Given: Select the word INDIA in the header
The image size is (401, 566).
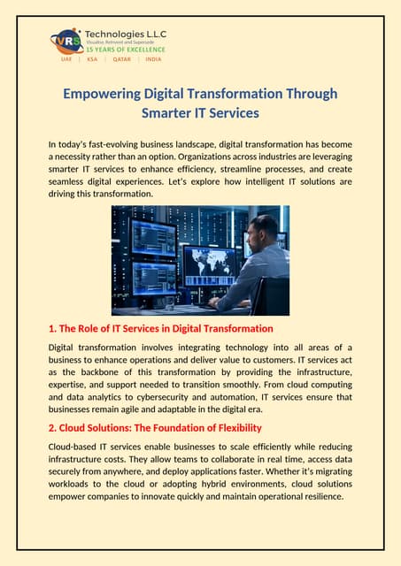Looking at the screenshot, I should point(153,59).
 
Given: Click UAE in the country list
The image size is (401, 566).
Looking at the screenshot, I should point(66,59).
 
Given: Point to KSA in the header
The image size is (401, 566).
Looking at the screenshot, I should point(92,59).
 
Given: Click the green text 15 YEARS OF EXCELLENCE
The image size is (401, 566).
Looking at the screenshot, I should point(124,50).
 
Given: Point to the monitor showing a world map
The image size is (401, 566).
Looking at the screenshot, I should point(209,262).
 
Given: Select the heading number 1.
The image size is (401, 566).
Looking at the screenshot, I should point(51,328).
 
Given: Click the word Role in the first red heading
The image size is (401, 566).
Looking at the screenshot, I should point(93,328).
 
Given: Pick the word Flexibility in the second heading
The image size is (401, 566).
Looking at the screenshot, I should point(233,428).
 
